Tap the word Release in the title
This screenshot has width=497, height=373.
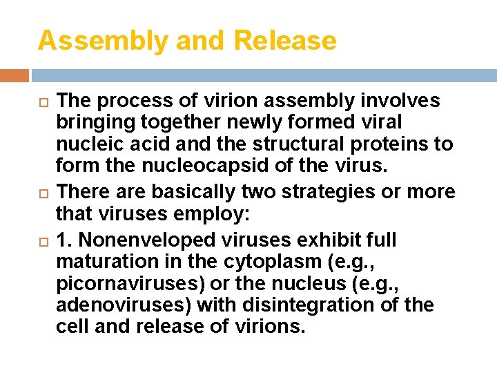click(285, 41)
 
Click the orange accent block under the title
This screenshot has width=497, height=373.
click(14, 75)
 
